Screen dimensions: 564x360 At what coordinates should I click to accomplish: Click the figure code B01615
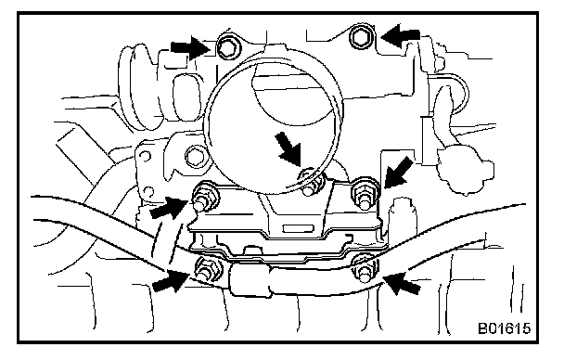pyautogui.click(x=504, y=328)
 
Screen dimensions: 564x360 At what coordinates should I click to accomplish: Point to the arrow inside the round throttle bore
pyautogui.click(x=288, y=148)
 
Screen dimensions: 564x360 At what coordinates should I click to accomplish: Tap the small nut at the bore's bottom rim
pyautogui.click(x=310, y=183)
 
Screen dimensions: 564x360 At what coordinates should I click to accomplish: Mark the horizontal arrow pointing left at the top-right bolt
pyautogui.click(x=400, y=36)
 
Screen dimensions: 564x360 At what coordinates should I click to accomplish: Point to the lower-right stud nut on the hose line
pyautogui.click(x=364, y=268)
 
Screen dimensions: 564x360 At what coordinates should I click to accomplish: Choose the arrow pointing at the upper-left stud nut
pyautogui.click(x=168, y=208)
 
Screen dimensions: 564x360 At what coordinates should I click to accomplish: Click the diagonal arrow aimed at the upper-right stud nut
pyautogui.click(x=399, y=172)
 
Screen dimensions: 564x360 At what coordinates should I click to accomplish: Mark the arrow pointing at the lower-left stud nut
pyautogui.click(x=171, y=281)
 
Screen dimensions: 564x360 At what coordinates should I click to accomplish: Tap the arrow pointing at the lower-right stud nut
pyautogui.click(x=402, y=283)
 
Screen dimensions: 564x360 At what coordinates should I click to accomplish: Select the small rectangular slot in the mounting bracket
pyautogui.click(x=297, y=228)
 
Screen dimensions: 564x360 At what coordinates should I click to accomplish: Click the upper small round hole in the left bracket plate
pyautogui.click(x=145, y=156)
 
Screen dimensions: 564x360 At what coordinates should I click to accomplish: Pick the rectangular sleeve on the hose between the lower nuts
pyautogui.click(x=251, y=279)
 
